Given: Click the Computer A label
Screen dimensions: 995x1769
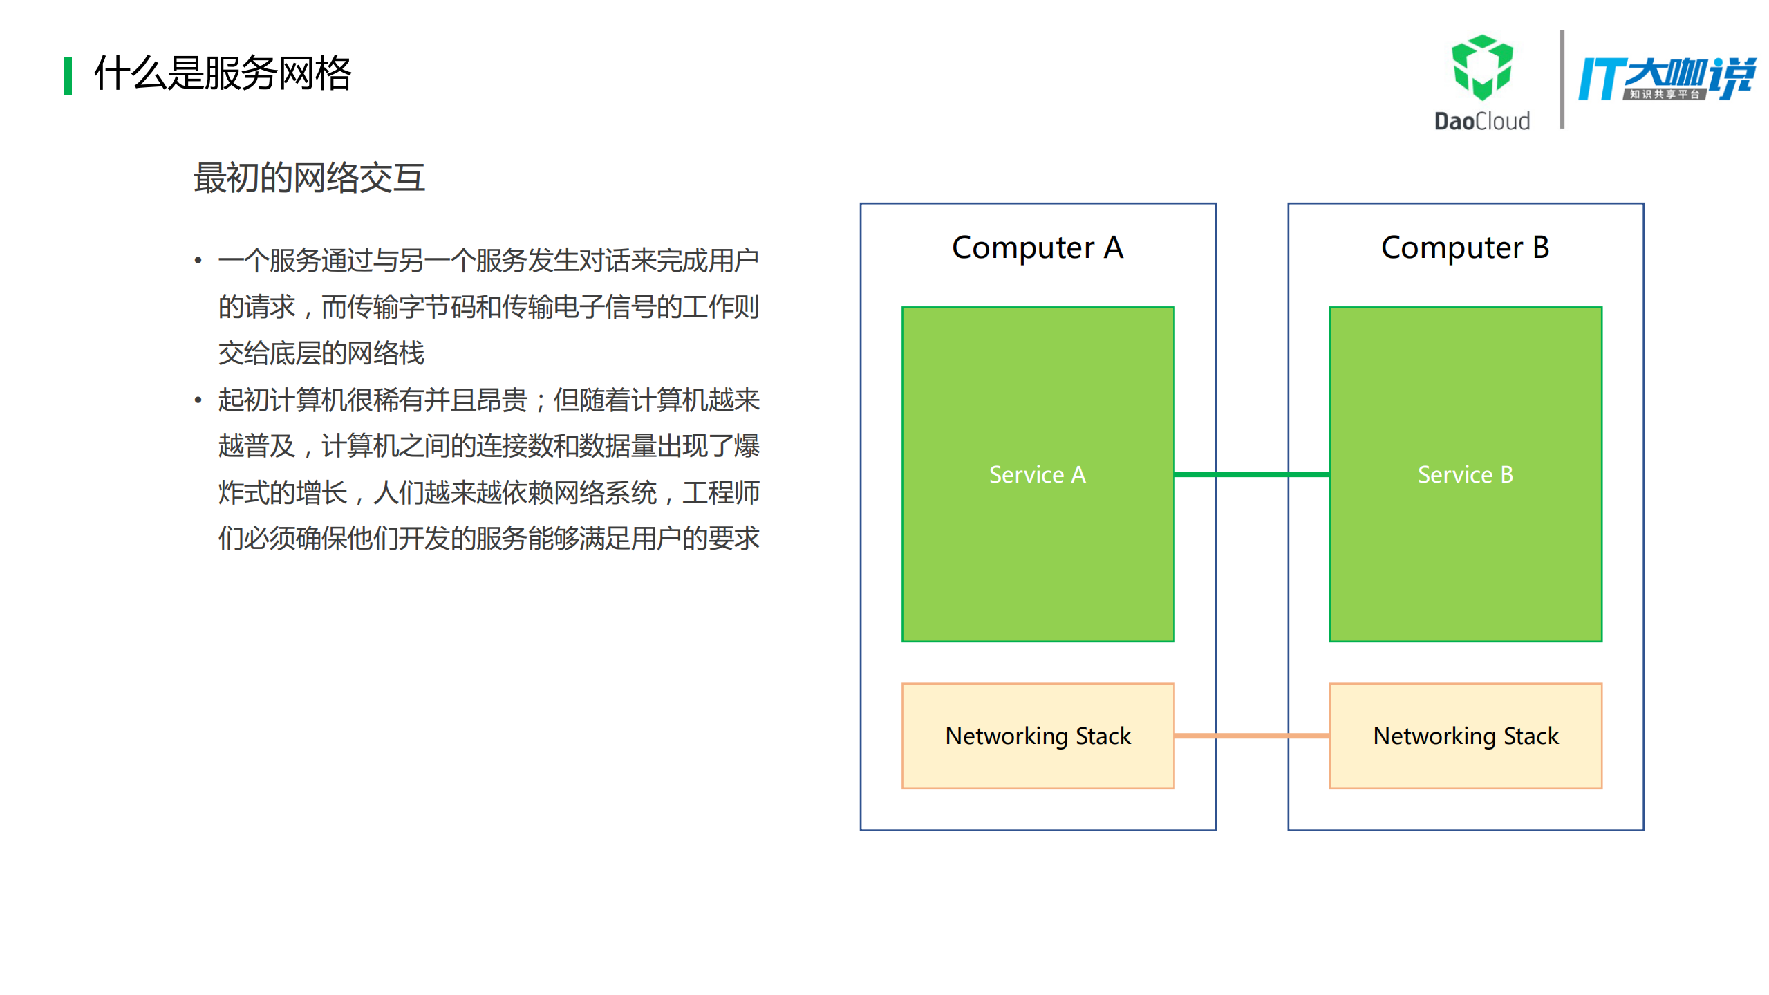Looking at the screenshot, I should [x=1037, y=248].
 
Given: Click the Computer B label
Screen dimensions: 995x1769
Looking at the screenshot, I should [x=1465, y=248].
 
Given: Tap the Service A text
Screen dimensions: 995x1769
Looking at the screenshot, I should [x=1037, y=474].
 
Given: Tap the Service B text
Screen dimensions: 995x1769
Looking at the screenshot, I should [x=1465, y=474].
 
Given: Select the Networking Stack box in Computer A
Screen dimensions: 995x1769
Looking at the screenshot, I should [x=1037, y=736].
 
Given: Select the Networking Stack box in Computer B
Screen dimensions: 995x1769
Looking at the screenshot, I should [x=1465, y=736].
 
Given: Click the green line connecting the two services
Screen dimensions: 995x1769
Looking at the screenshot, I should [x=1251, y=474].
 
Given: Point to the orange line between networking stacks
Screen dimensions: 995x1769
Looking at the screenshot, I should [x=1251, y=736].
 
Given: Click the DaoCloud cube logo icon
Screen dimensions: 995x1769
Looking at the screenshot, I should [x=1481, y=68].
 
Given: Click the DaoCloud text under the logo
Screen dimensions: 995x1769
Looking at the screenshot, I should [x=1481, y=122].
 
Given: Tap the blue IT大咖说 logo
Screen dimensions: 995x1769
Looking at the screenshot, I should [x=1666, y=77].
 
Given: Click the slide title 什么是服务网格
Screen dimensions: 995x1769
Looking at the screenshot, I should [x=223, y=73].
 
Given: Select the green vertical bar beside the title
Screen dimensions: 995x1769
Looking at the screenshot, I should [x=68, y=75].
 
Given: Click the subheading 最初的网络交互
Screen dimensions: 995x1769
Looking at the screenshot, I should [x=309, y=178].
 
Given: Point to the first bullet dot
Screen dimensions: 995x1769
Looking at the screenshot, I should [x=198, y=261].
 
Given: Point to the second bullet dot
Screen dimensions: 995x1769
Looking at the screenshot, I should [x=198, y=400].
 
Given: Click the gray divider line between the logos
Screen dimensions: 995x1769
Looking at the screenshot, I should [x=1561, y=80].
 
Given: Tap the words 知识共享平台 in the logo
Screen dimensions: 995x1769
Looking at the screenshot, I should [x=1664, y=95].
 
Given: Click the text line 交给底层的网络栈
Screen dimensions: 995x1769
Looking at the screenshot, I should [x=321, y=353].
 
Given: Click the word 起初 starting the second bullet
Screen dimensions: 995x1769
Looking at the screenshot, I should [x=243, y=400].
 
